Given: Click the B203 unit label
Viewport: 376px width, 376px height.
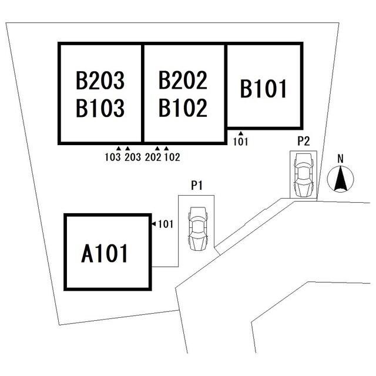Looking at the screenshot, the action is (x=100, y=80).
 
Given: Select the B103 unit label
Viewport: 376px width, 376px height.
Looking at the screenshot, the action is (x=100, y=108).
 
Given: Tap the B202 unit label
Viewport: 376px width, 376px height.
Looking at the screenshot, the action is (x=183, y=80).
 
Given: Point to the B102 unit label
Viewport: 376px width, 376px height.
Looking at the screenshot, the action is (x=183, y=108).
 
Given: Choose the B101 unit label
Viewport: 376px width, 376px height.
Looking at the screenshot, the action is (x=263, y=89).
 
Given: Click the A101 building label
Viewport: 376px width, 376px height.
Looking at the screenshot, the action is (x=105, y=253).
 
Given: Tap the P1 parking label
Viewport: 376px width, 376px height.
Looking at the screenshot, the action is (x=197, y=186).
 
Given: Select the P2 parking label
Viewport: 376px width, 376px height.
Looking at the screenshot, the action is (x=304, y=141).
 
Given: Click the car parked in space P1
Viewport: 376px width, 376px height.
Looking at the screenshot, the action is (x=198, y=229).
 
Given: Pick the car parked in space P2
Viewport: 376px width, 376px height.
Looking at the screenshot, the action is (x=304, y=175).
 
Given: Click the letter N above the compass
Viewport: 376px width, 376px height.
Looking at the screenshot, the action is (x=340, y=159).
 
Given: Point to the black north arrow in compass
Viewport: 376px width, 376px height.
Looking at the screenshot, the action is (x=341, y=179).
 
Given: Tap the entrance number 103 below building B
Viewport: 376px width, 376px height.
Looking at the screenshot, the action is (x=113, y=157).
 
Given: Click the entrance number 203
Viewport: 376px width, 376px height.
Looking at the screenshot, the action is (x=133, y=157).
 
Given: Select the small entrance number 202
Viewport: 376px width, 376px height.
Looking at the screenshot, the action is (x=153, y=157).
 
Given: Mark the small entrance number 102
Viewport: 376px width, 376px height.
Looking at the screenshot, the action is (x=172, y=157).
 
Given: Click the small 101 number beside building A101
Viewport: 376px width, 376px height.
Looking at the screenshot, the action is (x=166, y=224).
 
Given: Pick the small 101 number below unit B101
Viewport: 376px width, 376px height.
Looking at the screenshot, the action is (x=240, y=142).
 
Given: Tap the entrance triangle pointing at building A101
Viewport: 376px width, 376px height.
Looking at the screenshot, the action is (x=154, y=224).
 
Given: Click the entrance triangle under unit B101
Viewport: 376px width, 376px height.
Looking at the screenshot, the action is (x=241, y=133).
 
